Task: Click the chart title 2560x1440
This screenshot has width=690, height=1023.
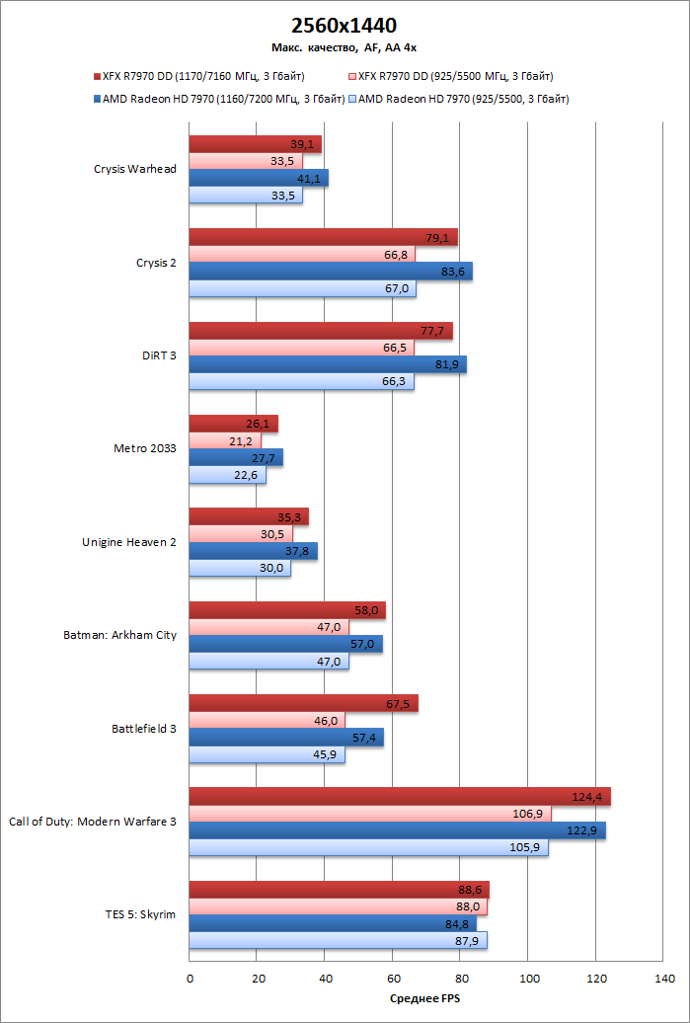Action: click(x=345, y=25)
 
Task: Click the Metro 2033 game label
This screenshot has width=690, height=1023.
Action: click(x=144, y=448)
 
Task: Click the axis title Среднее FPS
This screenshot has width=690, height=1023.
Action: click(x=425, y=998)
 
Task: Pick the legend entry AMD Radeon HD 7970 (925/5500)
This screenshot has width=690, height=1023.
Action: click(x=463, y=99)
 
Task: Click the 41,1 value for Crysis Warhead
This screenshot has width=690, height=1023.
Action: click(x=311, y=179)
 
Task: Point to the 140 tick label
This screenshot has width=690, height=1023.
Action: click(x=663, y=980)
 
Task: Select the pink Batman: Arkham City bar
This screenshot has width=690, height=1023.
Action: click(x=268, y=628)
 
